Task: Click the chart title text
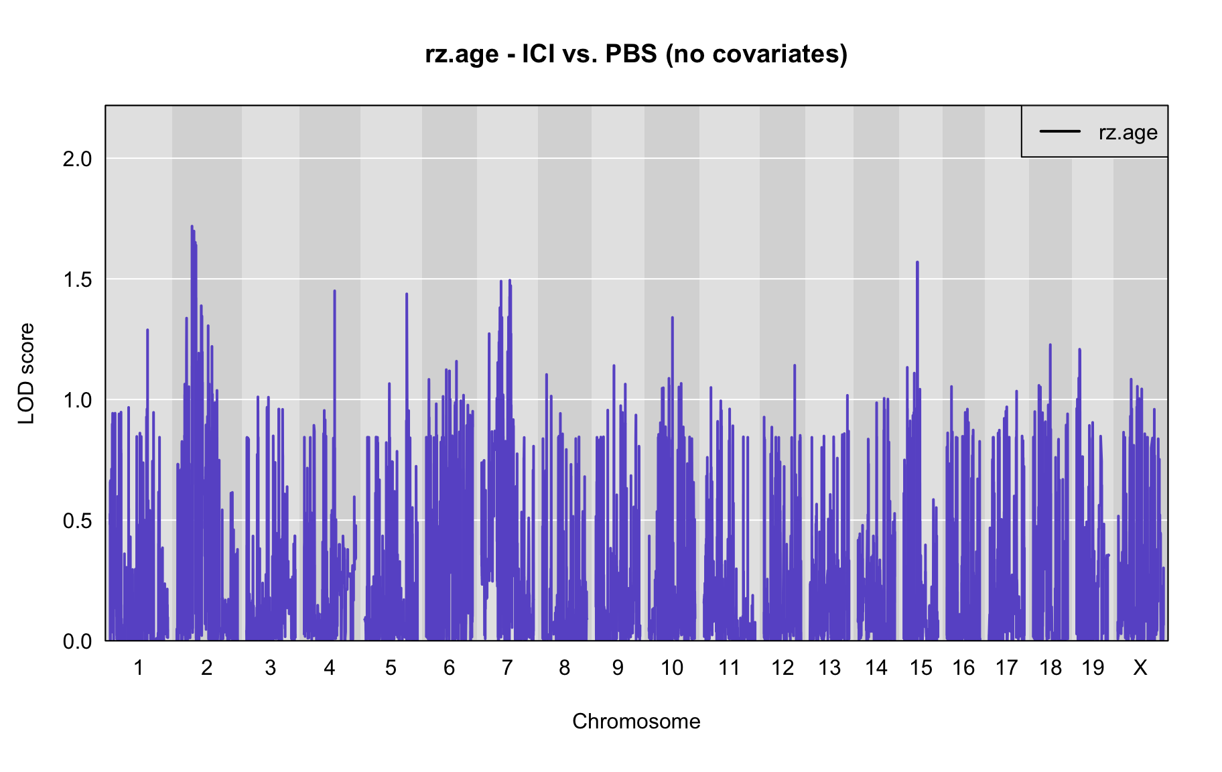[x=636, y=54]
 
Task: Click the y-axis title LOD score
[x=26, y=373]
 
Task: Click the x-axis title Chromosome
[x=636, y=721]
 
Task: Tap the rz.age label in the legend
[x=1128, y=133]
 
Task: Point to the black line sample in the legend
[x=1060, y=131]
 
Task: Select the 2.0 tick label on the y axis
[x=77, y=159]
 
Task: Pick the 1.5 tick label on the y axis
[x=77, y=279]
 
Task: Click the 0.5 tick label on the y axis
[x=77, y=521]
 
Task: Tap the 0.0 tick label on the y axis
[x=77, y=641]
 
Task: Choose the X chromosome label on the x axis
[x=1140, y=667]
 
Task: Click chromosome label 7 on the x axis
[x=506, y=667]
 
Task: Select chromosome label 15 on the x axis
[x=921, y=667]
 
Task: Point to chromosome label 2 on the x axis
[x=206, y=667]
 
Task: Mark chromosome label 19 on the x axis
[x=1093, y=667]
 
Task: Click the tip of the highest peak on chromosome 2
[x=192, y=227]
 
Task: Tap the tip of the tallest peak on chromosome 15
[x=917, y=262]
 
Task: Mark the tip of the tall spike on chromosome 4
[x=334, y=291]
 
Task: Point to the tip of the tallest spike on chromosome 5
[x=406, y=294]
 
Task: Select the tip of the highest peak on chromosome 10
[x=672, y=318]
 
